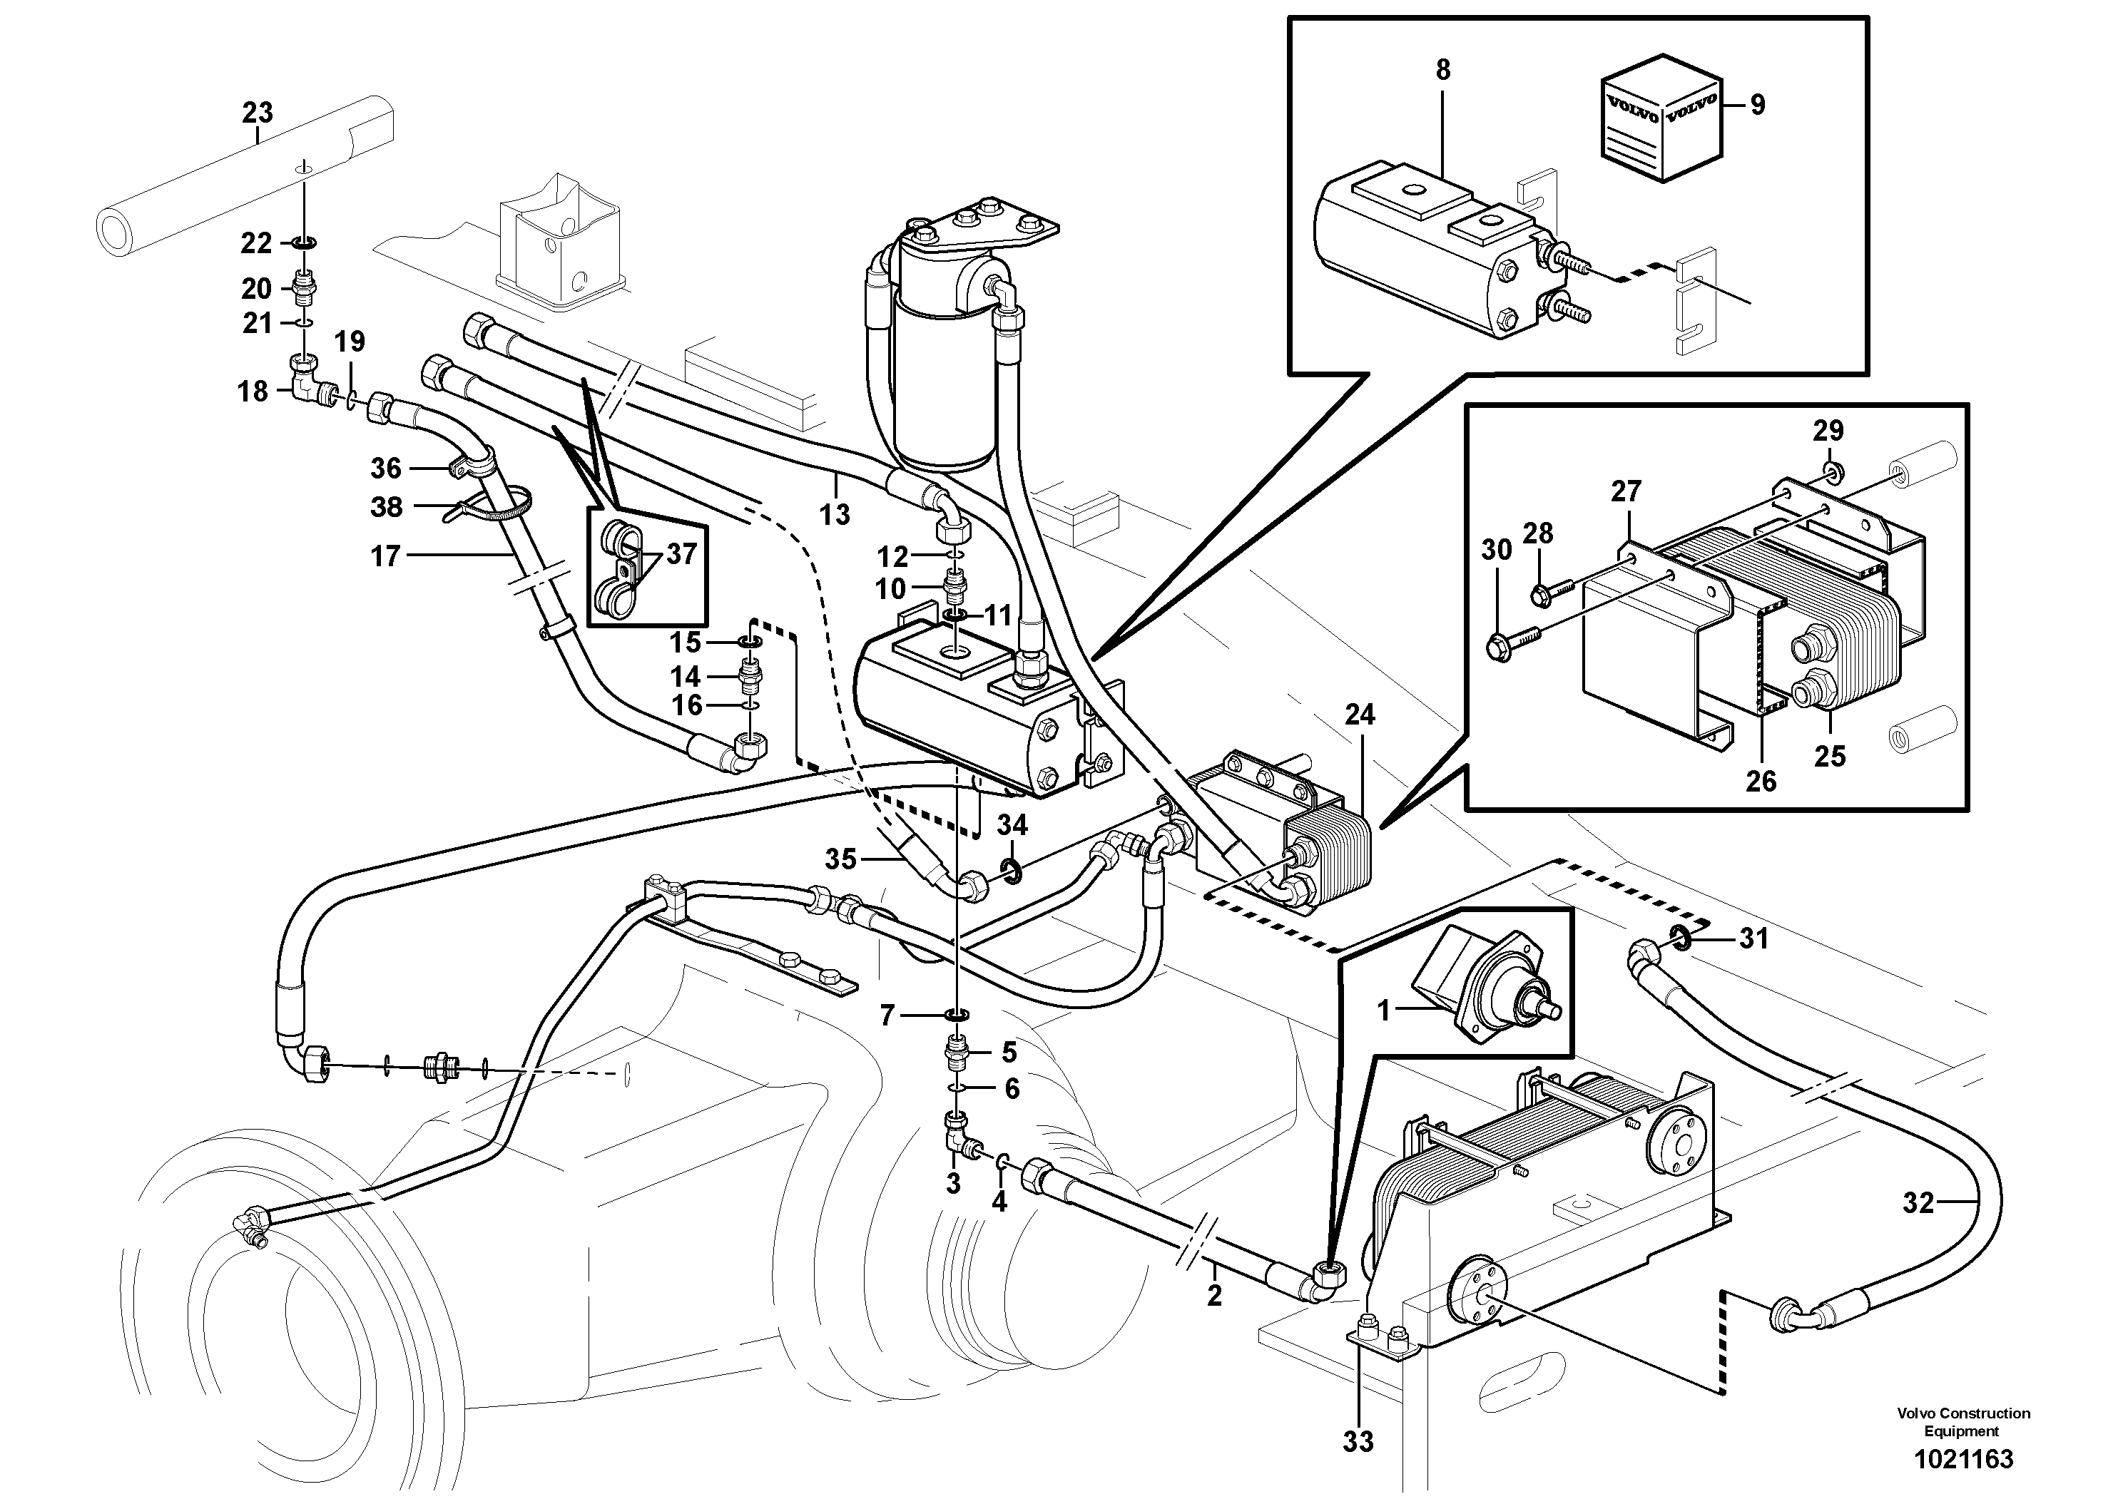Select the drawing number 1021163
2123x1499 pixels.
1962,1459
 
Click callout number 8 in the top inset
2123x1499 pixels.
1442,70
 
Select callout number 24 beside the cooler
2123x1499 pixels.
1359,715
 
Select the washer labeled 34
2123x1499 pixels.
1012,868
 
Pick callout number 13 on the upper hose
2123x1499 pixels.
834,515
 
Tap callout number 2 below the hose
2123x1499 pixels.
1214,1296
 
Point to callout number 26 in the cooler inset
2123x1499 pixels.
1761,781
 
